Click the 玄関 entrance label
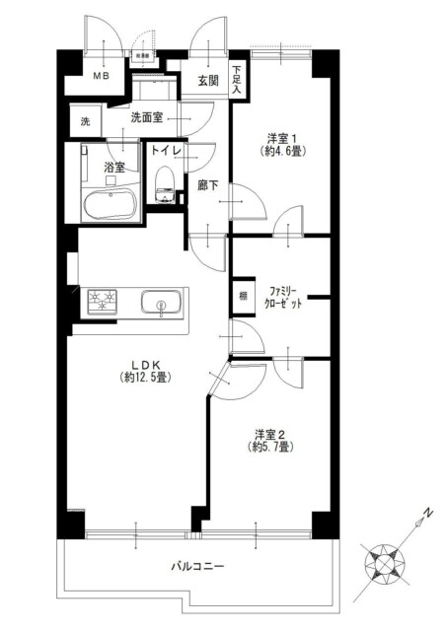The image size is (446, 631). [207, 81]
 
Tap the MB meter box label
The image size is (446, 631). [101, 76]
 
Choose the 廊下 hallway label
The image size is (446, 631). [206, 184]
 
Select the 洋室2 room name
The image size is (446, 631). [269, 435]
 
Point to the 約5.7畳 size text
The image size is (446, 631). [269, 450]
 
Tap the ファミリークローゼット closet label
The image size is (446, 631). [284, 298]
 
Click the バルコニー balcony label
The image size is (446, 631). [199, 567]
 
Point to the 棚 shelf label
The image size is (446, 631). [242, 295]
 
